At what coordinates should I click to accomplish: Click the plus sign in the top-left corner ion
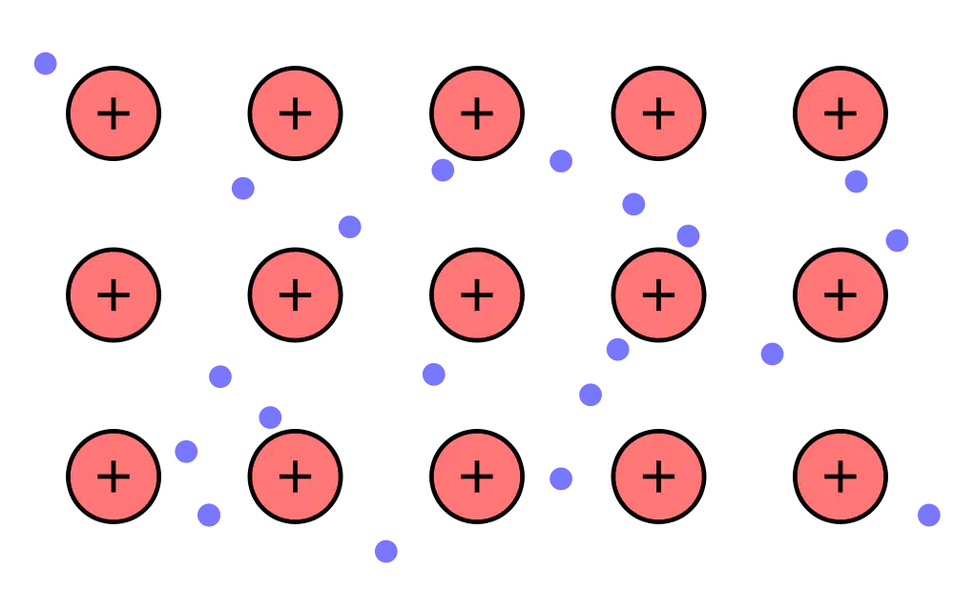click(x=114, y=113)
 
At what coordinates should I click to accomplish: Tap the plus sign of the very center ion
click(x=477, y=295)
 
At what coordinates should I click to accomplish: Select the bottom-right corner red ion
click(x=840, y=477)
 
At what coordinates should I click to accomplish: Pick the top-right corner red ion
click(x=840, y=113)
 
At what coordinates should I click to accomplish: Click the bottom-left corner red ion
click(x=114, y=477)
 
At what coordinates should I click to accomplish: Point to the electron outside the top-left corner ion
click(x=46, y=63)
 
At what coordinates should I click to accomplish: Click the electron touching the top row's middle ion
click(x=443, y=170)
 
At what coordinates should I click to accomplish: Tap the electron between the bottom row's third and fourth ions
click(x=561, y=478)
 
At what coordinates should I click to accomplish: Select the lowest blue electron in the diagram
click(x=386, y=552)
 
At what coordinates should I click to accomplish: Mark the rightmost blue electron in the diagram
click(x=929, y=516)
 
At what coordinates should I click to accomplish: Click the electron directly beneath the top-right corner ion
click(x=856, y=181)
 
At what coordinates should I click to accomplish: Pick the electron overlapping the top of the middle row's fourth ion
click(x=688, y=235)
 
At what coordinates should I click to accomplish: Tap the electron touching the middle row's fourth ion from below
click(x=617, y=350)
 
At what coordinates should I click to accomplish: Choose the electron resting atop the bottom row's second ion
click(x=270, y=417)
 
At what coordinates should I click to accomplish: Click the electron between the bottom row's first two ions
click(x=186, y=452)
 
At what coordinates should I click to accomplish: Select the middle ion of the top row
click(x=477, y=113)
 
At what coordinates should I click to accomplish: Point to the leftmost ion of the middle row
click(x=114, y=295)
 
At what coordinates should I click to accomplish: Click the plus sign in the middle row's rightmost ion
click(x=840, y=295)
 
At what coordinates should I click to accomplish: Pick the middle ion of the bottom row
click(x=477, y=477)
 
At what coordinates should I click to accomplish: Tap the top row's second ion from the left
click(x=295, y=113)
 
